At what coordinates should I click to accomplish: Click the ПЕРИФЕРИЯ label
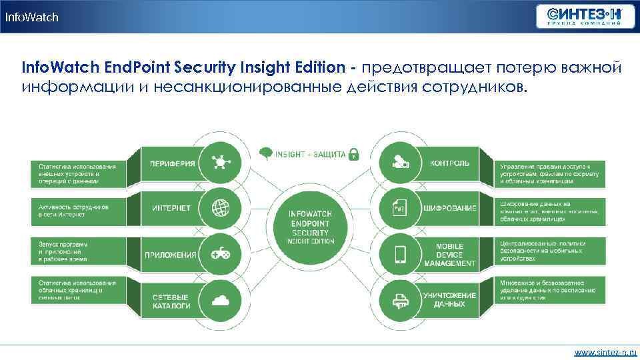[x=172, y=163]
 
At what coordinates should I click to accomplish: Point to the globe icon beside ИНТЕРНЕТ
[x=221, y=208]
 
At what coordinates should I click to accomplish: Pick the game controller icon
[x=221, y=254]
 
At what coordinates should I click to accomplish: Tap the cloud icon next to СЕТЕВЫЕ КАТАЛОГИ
[x=221, y=301]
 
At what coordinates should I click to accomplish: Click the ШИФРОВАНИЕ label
[x=449, y=208]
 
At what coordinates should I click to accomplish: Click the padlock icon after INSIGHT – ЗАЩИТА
[x=354, y=153]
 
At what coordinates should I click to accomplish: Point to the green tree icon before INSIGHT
[x=265, y=153]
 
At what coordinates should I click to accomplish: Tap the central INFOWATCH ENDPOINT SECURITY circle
[x=311, y=228]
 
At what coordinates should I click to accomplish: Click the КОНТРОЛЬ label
[x=449, y=163]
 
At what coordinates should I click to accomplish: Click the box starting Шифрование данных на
[x=549, y=211]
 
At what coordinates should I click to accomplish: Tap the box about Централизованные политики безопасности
[x=549, y=251]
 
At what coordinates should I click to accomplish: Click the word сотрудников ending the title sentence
[x=477, y=87]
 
